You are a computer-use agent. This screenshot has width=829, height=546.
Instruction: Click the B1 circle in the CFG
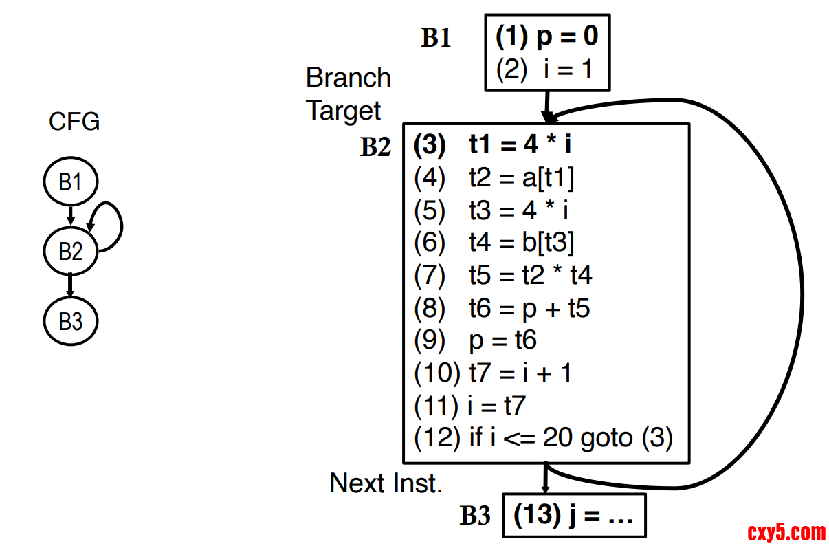[x=70, y=182]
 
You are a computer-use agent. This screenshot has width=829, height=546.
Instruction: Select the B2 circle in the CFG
[x=70, y=252]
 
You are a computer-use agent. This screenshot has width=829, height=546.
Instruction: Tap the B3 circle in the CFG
[x=70, y=321]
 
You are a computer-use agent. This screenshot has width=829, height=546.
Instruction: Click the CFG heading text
[x=74, y=122]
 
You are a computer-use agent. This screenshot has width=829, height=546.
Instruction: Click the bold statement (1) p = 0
[x=547, y=36]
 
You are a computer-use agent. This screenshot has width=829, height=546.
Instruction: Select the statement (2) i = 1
[x=544, y=69]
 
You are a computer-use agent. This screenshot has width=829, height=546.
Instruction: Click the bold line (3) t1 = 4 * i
[x=494, y=146]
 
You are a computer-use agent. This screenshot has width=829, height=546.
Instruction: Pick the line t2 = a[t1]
[x=494, y=178]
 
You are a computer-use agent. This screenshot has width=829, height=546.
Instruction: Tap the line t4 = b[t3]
[x=494, y=242]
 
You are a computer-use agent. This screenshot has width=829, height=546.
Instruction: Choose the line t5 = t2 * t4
[x=502, y=275]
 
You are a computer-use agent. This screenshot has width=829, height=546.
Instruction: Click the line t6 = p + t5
[x=502, y=308]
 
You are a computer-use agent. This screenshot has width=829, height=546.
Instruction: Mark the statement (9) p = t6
[x=475, y=340]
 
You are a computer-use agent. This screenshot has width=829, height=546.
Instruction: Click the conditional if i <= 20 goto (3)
[x=543, y=437]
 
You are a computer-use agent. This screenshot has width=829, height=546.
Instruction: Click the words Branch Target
[x=348, y=94]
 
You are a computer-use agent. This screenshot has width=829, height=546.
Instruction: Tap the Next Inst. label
[x=386, y=483]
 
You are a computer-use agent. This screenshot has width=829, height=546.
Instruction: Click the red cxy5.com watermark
[x=786, y=532]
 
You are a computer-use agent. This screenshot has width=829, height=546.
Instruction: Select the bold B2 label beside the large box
[x=375, y=147]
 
